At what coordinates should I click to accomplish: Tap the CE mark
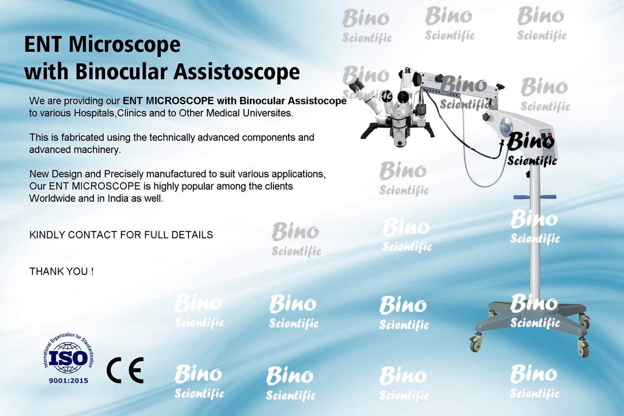coord(125,370)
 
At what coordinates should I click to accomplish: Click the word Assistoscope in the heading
coord(236,72)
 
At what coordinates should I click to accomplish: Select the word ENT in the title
coord(43,44)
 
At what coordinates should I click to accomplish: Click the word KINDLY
coord(47,235)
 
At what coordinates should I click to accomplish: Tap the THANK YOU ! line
coord(61,271)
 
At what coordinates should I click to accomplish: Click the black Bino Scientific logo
coord(532,148)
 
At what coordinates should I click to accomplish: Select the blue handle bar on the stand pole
coord(535,197)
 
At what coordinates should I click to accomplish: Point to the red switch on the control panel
coord(550,136)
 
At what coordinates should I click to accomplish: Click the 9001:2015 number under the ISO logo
coord(69,380)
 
